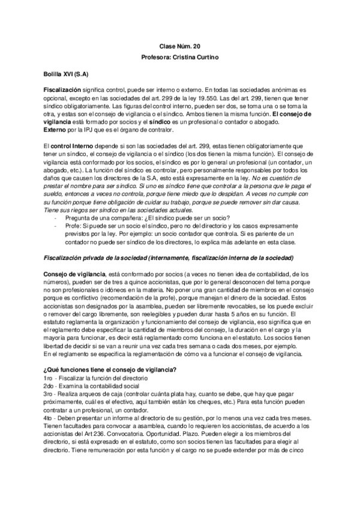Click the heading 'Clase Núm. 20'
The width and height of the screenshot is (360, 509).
click(179, 46)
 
